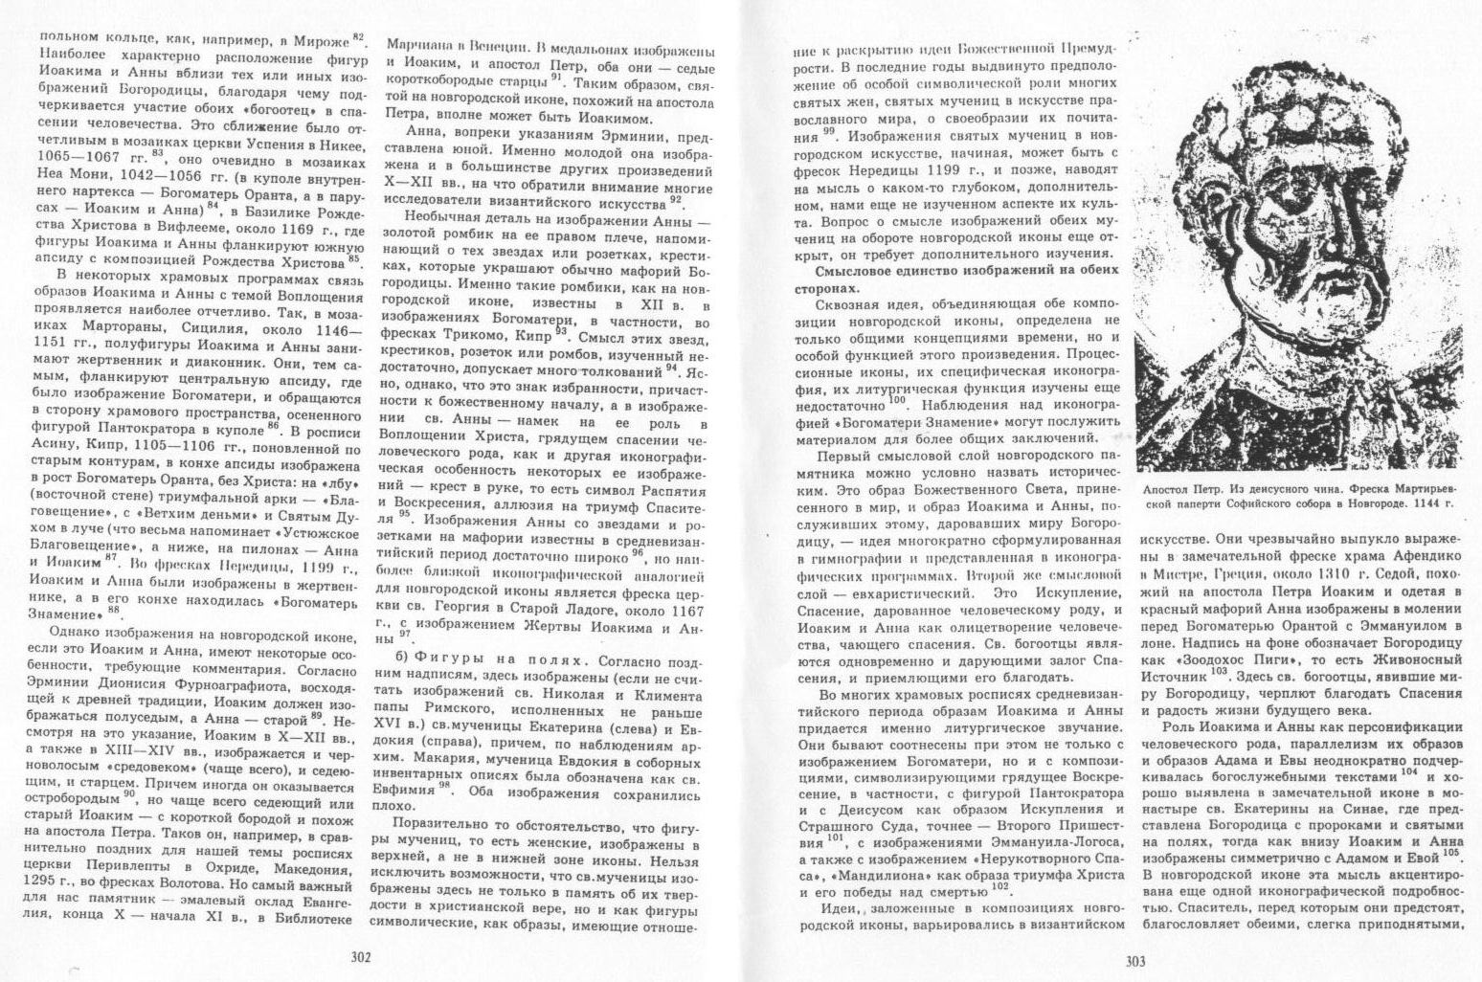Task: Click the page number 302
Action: pyautogui.click(x=360, y=956)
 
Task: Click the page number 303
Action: pyautogui.click(x=1135, y=960)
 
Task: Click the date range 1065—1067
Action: pyautogui.click(x=79, y=155)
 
